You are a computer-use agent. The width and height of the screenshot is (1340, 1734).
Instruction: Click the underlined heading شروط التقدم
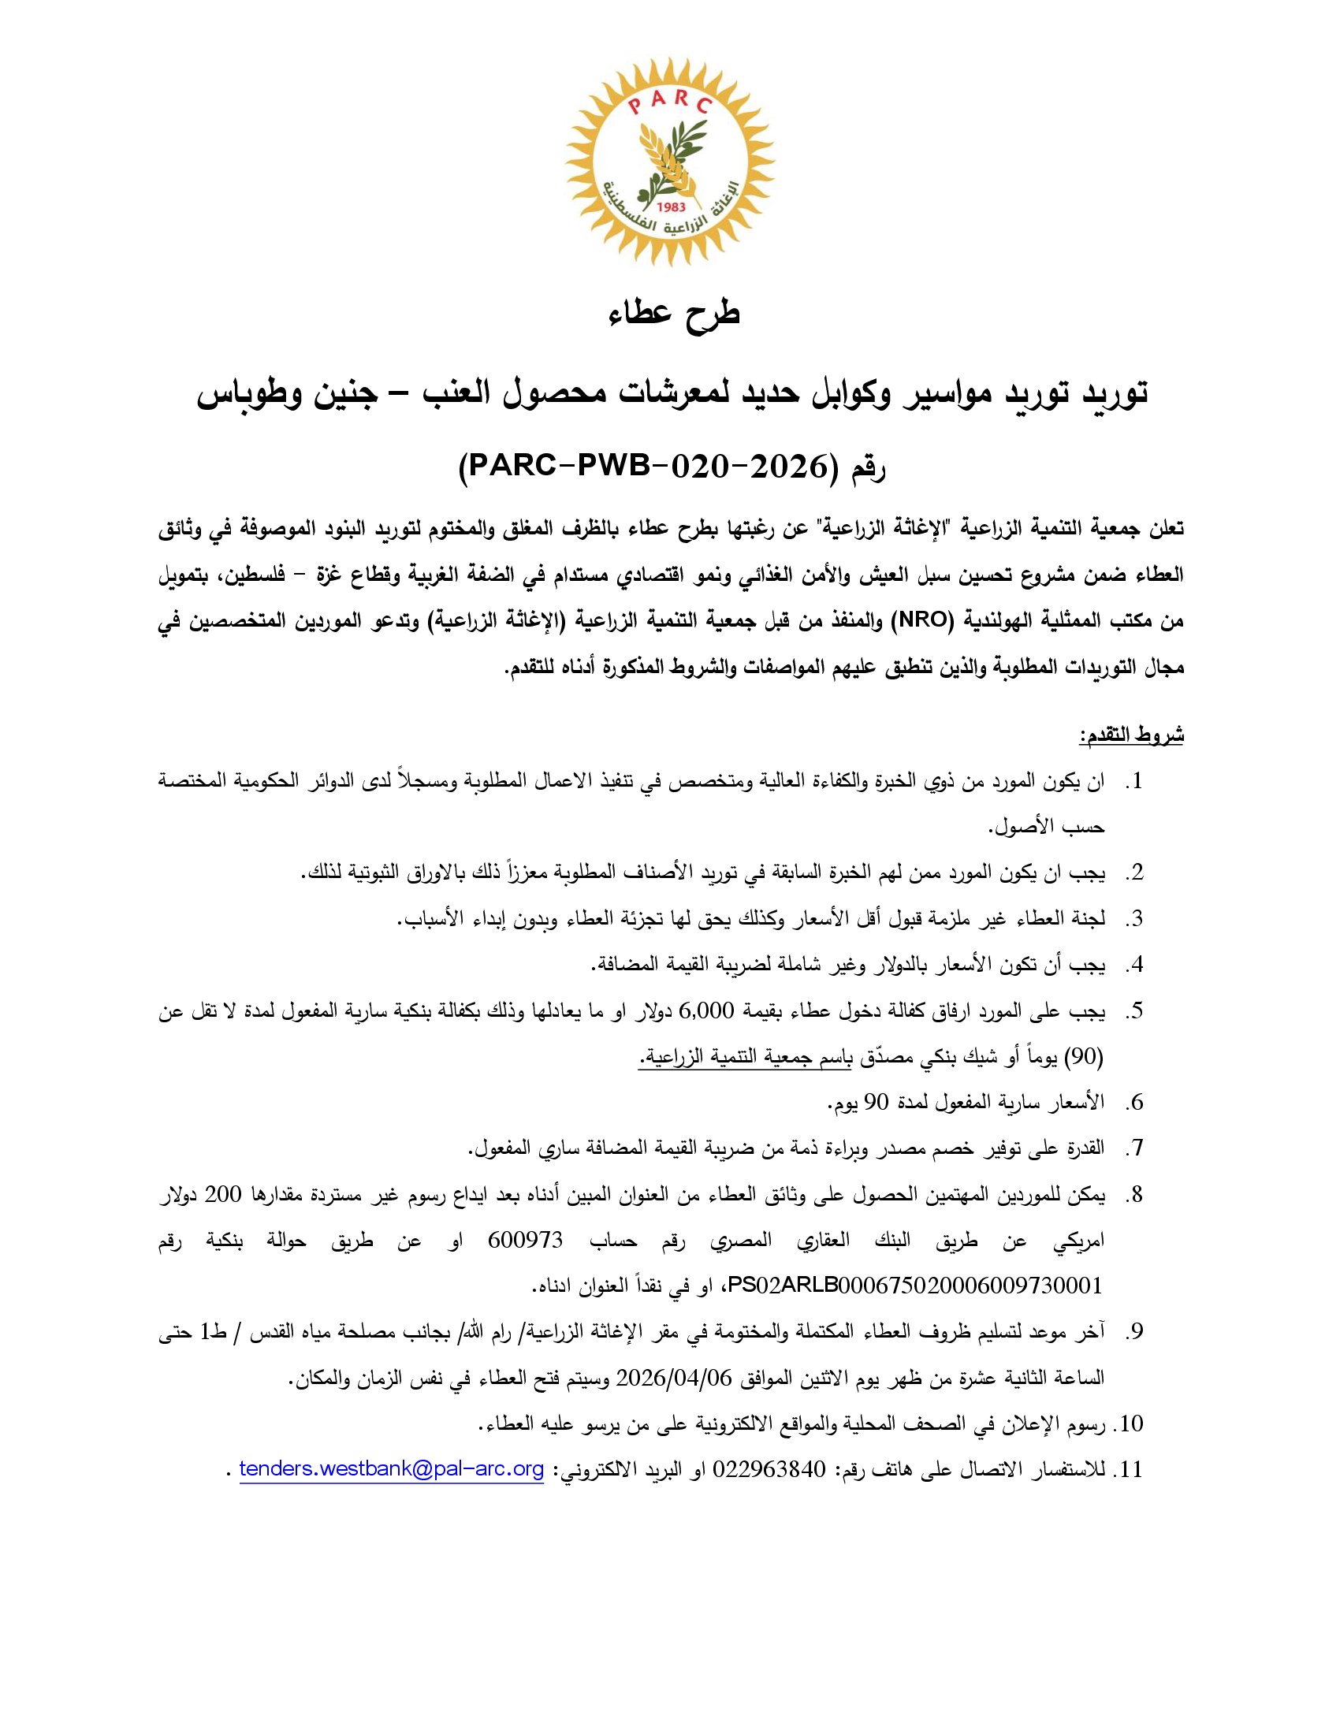[1130, 735]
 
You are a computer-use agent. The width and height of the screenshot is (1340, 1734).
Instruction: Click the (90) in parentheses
[1085, 1056]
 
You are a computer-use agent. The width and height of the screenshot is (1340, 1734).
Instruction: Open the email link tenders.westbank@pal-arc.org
[392, 1469]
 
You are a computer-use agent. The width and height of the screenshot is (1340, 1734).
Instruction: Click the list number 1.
[1135, 782]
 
